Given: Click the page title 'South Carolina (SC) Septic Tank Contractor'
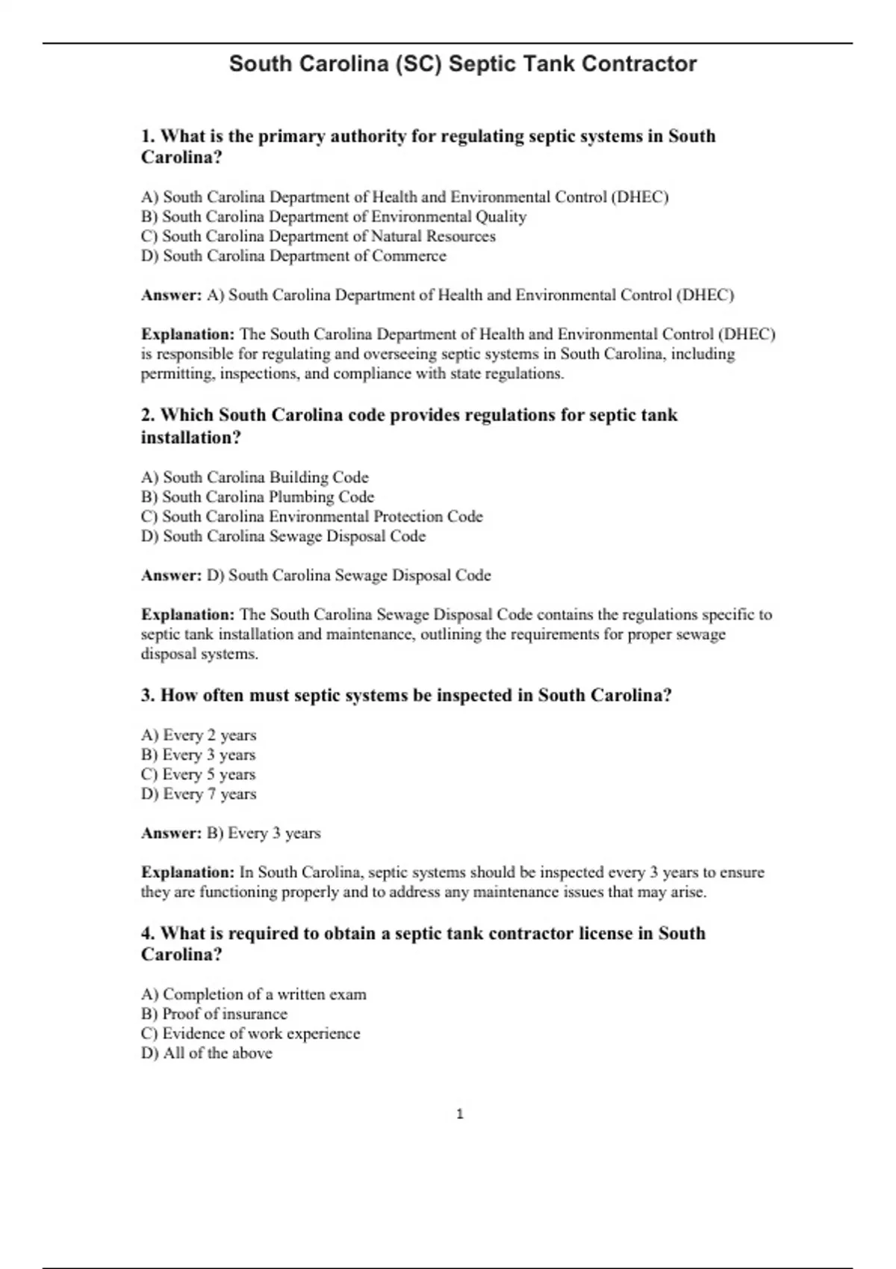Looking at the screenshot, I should click(x=462, y=64).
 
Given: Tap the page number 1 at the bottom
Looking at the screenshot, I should click(x=460, y=1114).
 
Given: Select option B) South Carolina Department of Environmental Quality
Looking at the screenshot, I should click(x=334, y=216).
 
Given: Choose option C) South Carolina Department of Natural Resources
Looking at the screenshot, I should click(x=318, y=236).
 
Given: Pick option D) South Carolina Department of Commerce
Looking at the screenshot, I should click(x=293, y=255).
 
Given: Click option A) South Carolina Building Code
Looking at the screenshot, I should click(x=255, y=477).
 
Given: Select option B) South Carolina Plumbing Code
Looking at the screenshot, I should click(x=258, y=496).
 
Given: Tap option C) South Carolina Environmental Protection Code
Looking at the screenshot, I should click(x=311, y=516).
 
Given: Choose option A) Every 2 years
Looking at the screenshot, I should click(x=199, y=735).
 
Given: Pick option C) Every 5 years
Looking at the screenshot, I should click(x=199, y=774).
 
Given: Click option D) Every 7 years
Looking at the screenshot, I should click(x=199, y=793).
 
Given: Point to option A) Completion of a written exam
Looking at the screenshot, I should click(x=254, y=994).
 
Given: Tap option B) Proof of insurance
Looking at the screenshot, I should click(x=214, y=1014).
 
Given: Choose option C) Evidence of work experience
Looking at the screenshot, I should click(x=250, y=1033).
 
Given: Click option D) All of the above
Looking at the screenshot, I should click(x=207, y=1053).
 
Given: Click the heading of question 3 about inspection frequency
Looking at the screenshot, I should click(x=406, y=695).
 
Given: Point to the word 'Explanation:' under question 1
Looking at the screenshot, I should click(x=187, y=334).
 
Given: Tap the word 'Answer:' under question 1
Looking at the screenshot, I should click(x=171, y=295).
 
